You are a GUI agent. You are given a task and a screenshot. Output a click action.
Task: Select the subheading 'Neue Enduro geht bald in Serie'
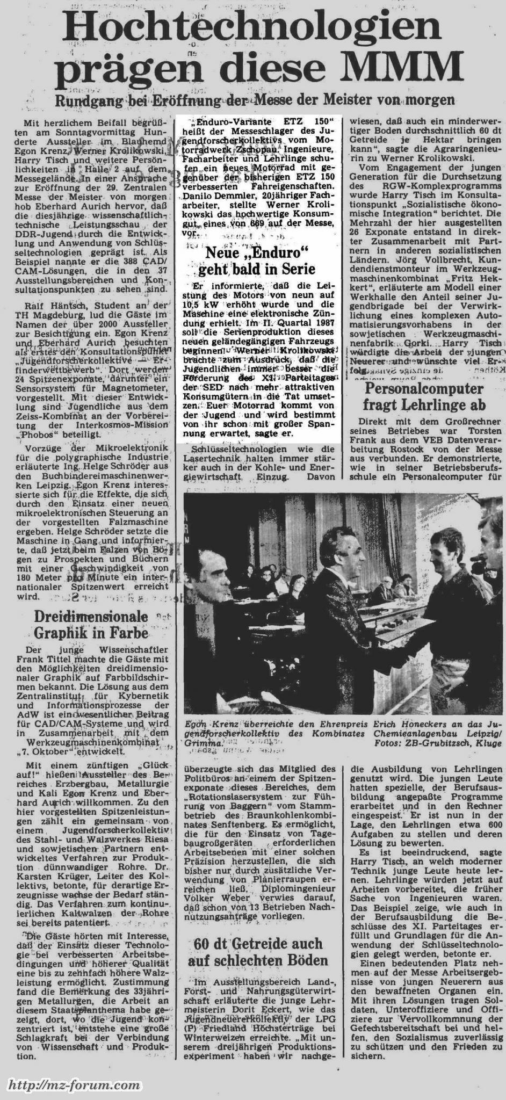[x=257, y=259]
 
